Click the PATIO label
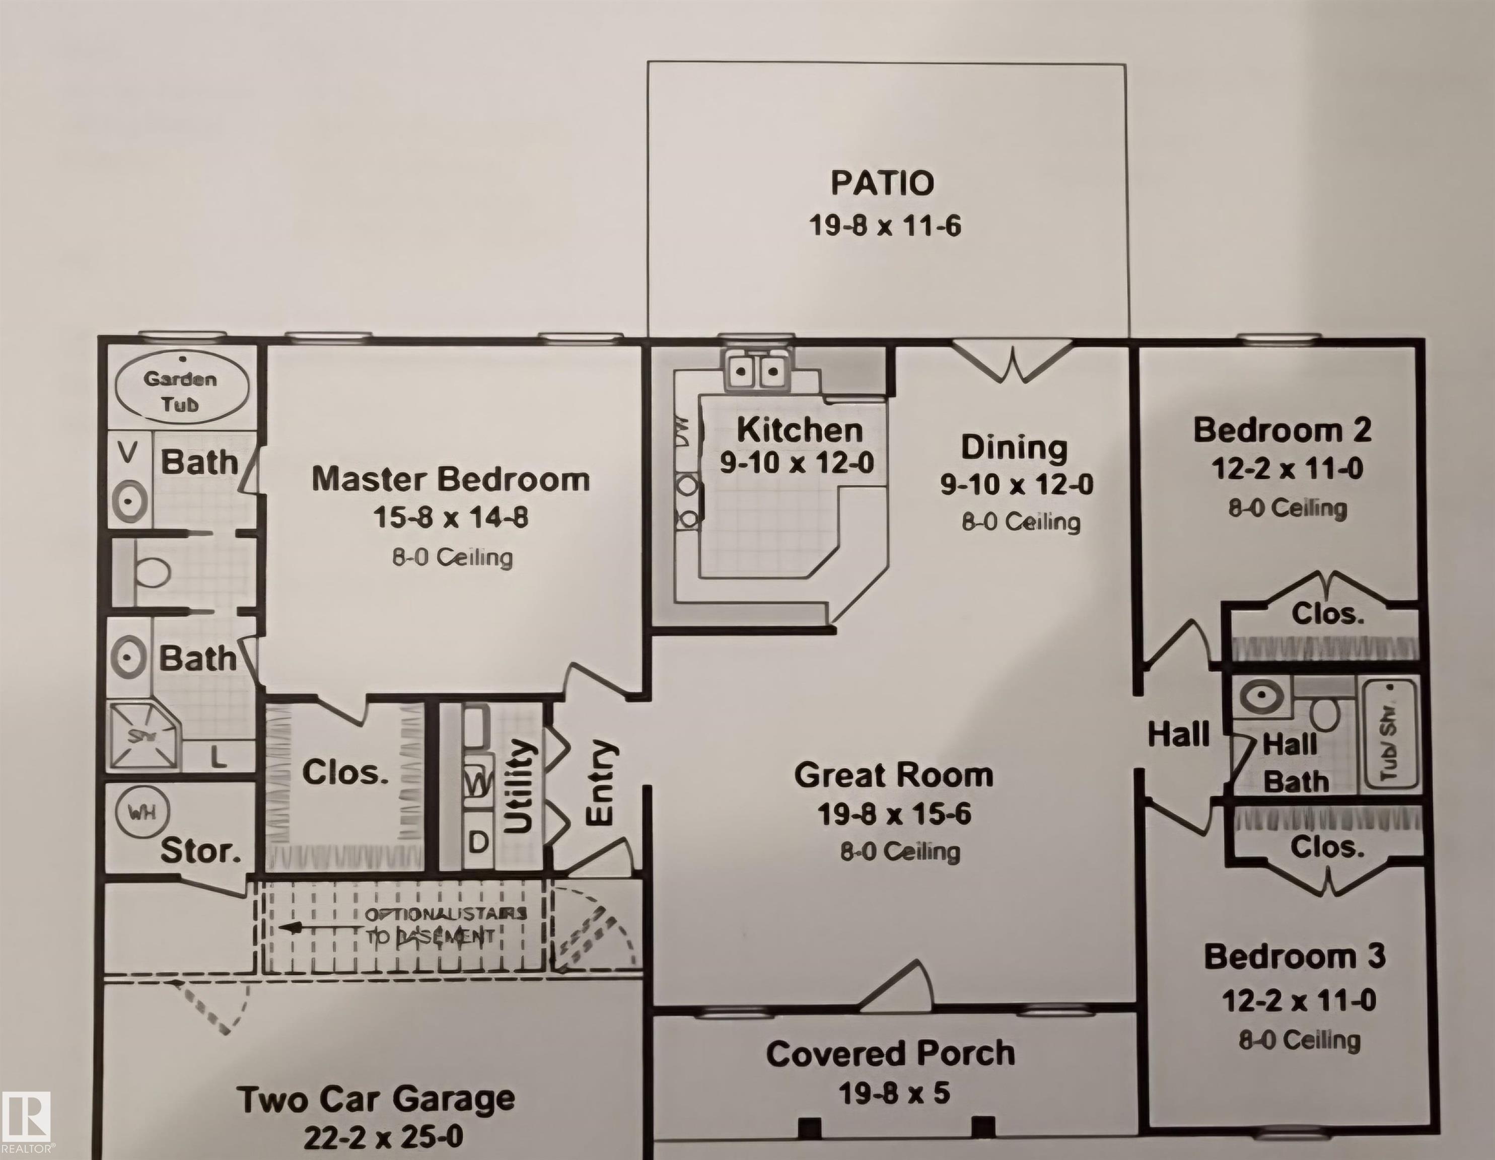pos(882,183)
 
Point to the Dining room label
pos(1014,448)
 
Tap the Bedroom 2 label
pos(1282,430)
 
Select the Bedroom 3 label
pos(1295,957)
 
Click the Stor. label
pos(200,851)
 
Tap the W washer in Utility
pos(478,782)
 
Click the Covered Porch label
pos(890,1054)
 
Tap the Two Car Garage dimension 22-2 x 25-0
pos(383,1137)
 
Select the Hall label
pos(1178,735)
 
